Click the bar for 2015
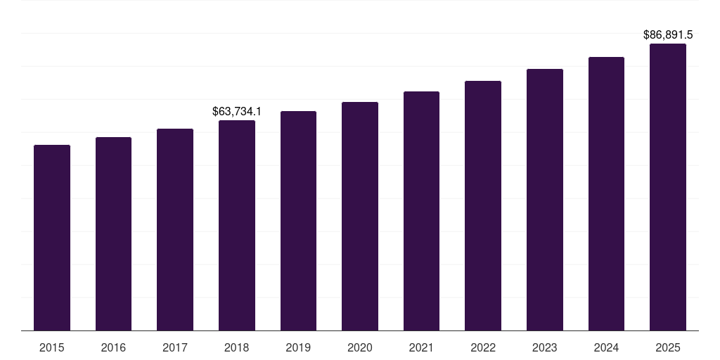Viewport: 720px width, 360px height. tap(52, 238)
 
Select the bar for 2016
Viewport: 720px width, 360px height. tap(113, 234)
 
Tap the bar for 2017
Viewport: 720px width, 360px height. tap(175, 230)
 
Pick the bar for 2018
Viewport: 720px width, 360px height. tap(237, 226)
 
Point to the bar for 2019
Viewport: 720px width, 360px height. tap(298, 221)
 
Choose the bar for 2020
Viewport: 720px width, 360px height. tap(360, 217)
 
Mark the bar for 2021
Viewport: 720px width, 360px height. tap(421, 211)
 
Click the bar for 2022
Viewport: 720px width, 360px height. tap(483, 206)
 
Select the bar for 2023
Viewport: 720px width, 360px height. tap(545, 200)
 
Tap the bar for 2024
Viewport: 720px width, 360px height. tap(606, 194)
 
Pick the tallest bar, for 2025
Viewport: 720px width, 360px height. tap(668, 187)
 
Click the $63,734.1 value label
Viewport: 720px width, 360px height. tap(237, 111)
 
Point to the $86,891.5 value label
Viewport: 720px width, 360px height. tap(668, 34)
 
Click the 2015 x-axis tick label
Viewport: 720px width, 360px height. tap(52, 347)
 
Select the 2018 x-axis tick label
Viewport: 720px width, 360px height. tap(237, 347)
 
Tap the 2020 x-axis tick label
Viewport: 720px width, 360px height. tap(360, 347)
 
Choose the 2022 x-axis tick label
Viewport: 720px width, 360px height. tap(483, 347)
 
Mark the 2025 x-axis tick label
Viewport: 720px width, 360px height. tap(668, 347)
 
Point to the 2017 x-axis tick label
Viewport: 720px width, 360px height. tap(175, 347)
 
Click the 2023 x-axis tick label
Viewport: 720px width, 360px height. tap(545, 347)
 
